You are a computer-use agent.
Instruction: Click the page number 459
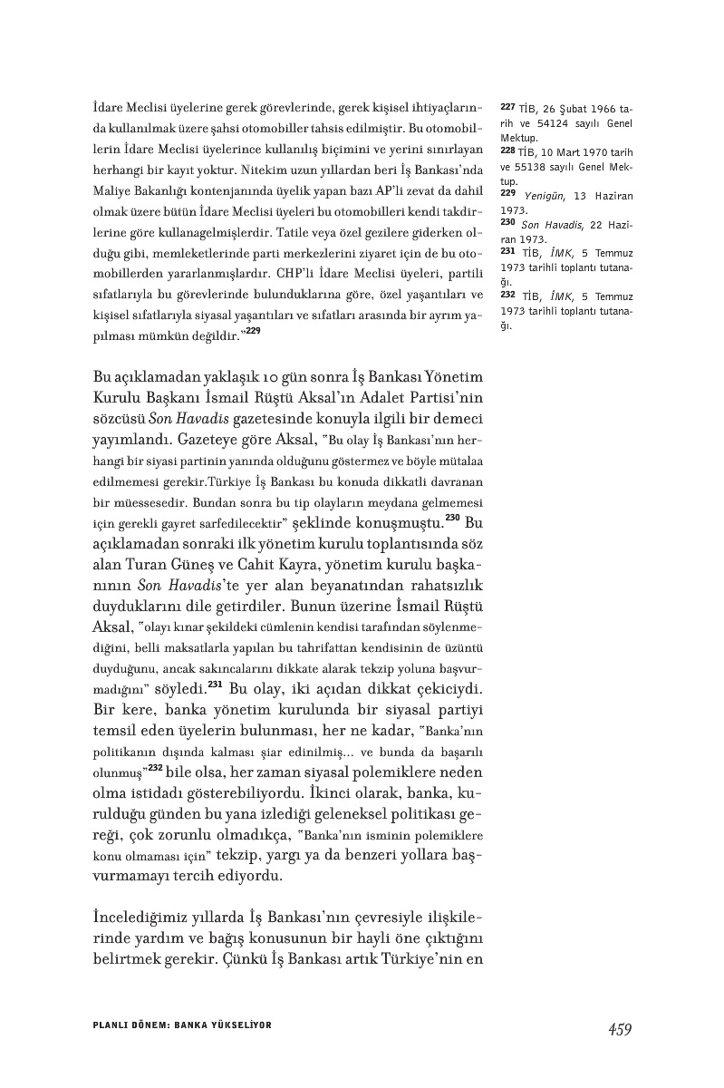tap(620, 1028)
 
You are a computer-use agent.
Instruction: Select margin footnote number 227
tap(507, 106)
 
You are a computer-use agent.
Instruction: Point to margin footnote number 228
tap(507, 150)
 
